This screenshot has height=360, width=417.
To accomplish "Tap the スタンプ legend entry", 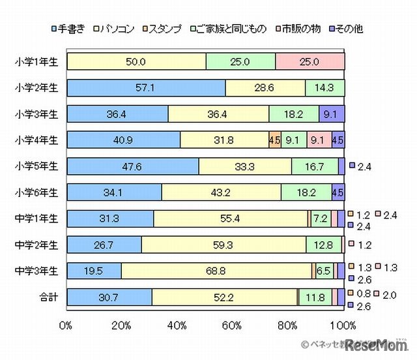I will [164, 29].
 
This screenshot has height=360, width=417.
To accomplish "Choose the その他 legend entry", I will [348, 29].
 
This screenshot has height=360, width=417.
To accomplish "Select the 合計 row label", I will [46, 297].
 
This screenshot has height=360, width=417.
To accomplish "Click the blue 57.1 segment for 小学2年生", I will [146, 88].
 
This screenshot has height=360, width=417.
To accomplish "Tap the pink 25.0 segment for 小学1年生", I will [309, 62].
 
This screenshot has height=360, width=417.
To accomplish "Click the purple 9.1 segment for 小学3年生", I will [331, 114].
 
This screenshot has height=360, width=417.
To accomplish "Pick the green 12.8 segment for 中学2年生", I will [324, 245].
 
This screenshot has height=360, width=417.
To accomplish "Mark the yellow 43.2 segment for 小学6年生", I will [222, 192].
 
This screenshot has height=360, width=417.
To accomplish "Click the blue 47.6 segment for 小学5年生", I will [133, 166].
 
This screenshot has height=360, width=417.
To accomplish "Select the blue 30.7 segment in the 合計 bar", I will [109, 297].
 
